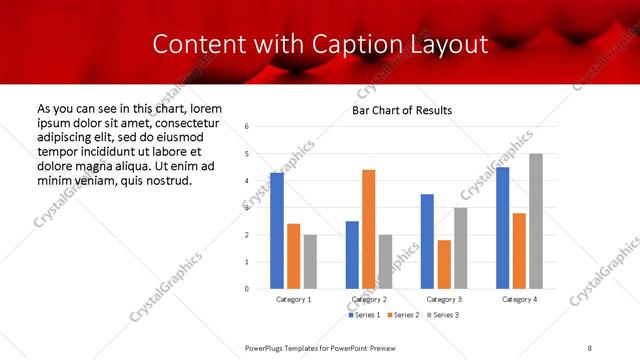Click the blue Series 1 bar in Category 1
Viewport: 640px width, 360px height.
[x=277, y=231]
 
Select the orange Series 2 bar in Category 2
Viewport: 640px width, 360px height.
[x=368, y=229]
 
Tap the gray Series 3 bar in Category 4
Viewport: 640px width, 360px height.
[x=536, y=221]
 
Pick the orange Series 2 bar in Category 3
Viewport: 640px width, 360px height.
[x=444, y=264]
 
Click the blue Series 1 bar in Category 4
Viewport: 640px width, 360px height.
[x=503, y=228]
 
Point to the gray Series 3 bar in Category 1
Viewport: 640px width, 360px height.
[x=310, y=262]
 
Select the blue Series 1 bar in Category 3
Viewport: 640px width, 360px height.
[x=427, y=241]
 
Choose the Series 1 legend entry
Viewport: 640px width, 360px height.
[x=363, y=315]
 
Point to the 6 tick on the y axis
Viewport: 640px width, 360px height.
[x=247, y=126]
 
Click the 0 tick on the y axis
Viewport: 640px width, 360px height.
[x=247, y=289]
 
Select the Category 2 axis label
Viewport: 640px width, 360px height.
[x=369, y=300]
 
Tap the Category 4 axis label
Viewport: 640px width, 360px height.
[x=519, y=300]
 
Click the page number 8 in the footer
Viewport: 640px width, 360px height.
[x=590, y=346]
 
